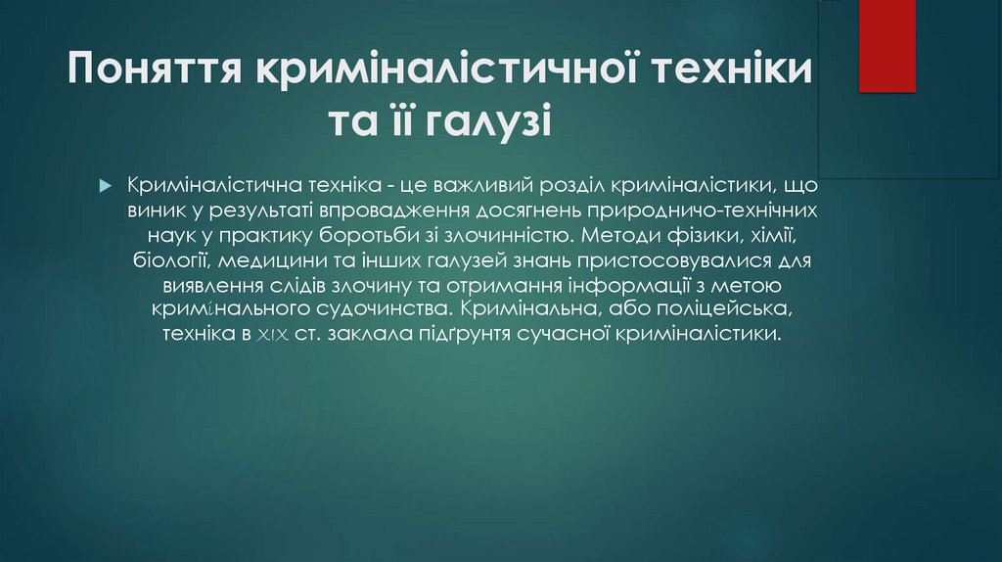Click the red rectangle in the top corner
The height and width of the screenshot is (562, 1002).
[x=887, y=46]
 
